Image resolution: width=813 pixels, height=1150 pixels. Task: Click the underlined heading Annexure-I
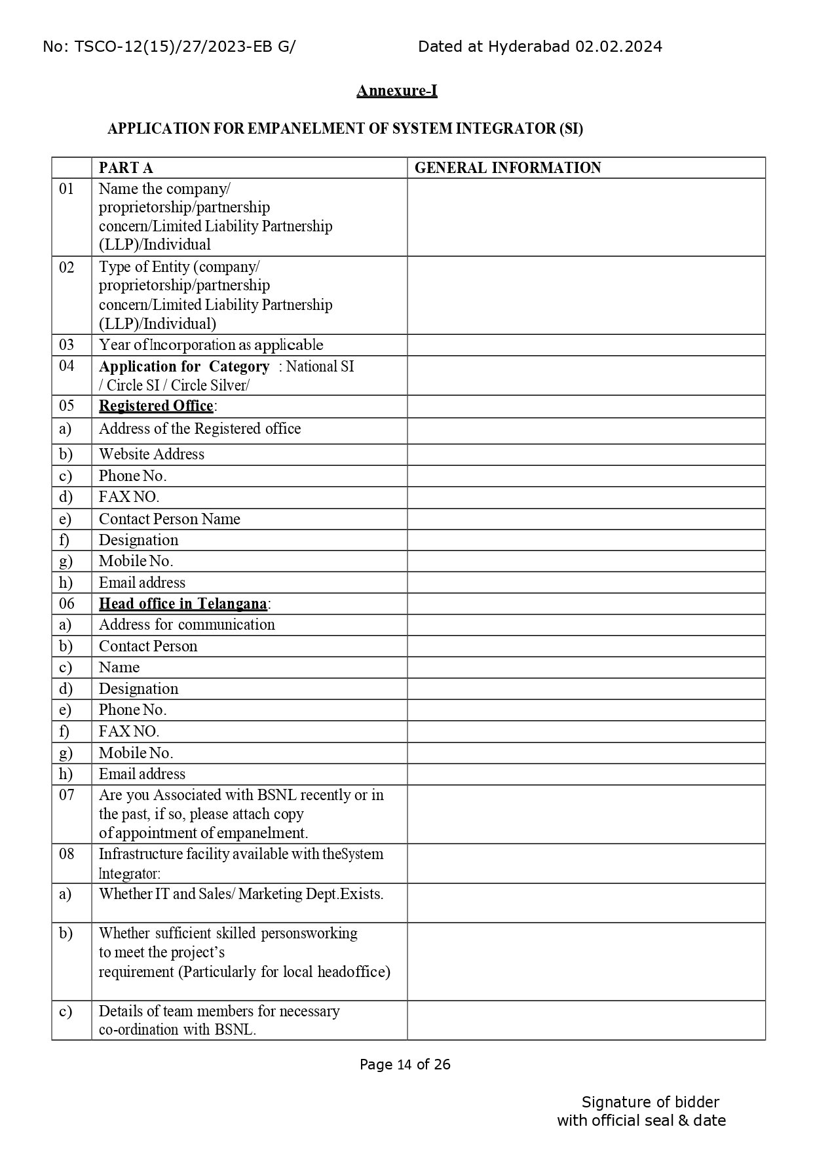tap(396, 90)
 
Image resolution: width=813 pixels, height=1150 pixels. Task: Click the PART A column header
tap(126, 168)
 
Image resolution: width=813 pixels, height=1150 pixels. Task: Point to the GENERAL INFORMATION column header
tap(508, 168)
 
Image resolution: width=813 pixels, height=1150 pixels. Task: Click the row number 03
tap(67, 345)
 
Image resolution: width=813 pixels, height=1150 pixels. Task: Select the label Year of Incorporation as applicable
tap(211, 345)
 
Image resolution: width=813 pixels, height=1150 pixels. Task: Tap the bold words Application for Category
tap(184, 366)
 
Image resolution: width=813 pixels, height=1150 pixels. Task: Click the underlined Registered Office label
tap(156, 406)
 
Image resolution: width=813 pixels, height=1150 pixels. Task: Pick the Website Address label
tap(151, 454)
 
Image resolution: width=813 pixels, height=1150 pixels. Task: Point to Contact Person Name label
tap(170, 519)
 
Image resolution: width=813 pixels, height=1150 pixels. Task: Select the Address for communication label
tap(187, 624)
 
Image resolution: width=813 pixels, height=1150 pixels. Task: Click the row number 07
tap(67, 795)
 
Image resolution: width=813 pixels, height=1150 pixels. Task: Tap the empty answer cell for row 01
tap(586, 217)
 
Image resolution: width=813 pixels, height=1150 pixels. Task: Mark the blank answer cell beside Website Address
tap(586, 455)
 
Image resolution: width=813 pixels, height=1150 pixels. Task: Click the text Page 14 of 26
tap(405, 1064)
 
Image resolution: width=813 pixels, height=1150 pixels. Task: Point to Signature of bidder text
tap(650, 1102)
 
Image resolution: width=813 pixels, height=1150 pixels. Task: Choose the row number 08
tap(67, 854)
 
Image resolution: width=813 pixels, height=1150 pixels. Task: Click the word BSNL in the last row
tap(234, 1029)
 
